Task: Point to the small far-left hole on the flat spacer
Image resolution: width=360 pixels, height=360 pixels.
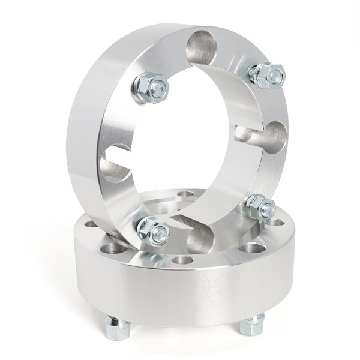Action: point(91,224)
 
